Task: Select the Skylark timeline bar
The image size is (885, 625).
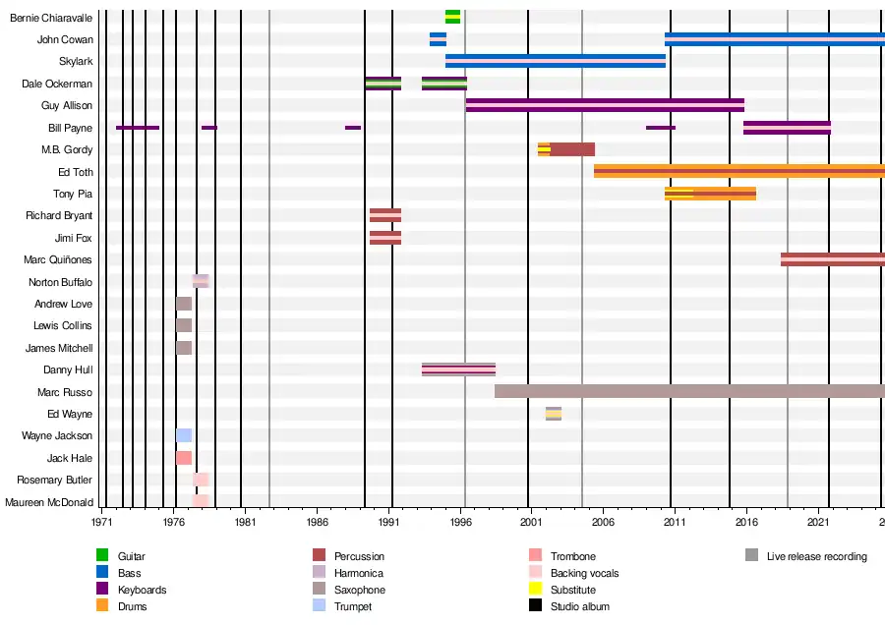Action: click(x=556, y=61)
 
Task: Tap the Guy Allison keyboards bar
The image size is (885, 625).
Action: click(x=605, y=105)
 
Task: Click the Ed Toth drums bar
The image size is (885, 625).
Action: click(x=738, y=171)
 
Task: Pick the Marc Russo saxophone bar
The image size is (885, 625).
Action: click(x=688, y=391)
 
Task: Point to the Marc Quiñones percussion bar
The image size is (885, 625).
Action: click(x=832, y=259)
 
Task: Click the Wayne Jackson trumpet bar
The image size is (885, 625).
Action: click(x=184, y=435)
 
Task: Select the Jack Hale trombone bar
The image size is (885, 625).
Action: click(x=184, y=458)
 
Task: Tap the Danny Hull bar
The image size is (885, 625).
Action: click(x=458, y=369)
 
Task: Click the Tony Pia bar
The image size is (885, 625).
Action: click(x=710, y=194)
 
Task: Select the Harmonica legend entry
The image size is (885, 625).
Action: click(x=358, y=573)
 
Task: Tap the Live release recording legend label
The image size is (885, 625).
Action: click(x=816, y=556)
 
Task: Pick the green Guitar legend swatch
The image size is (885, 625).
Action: click(x=102, y=556)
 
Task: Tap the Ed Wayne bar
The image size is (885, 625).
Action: click(x=554, y=414)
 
